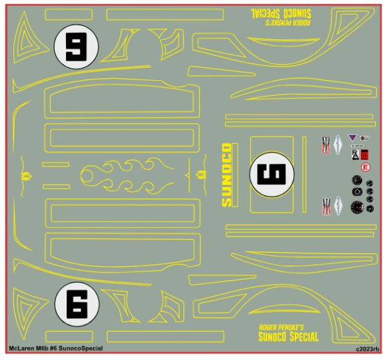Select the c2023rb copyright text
pyautogui.click(x=367, y=349)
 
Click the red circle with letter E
pyautogui.click(x=365, y=167)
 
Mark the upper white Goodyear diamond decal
pyautogui.click(x=338, y=145)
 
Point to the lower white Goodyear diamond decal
pyautogui.click(x=338, y=206)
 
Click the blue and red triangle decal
pyautogui.click(x=352, y=138)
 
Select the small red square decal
pyautogui.click(x=364, y=154)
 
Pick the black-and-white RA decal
pyautogui.click(x=354, y=154)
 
